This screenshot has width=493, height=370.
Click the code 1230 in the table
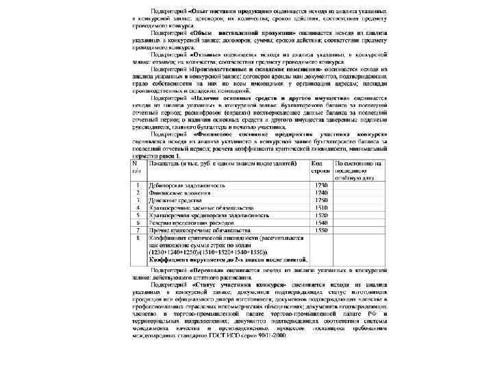coord(320,186)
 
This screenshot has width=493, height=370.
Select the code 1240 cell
coord(320,193)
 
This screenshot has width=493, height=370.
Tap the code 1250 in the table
coord(320,200)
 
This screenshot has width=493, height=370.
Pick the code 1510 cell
coord(320,208)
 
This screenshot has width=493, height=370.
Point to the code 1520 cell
coord(320,215)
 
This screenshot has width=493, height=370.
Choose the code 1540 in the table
coord(320,223)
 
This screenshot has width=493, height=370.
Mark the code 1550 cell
coord(320,230)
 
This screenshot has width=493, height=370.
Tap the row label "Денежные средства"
coord(174,200)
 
